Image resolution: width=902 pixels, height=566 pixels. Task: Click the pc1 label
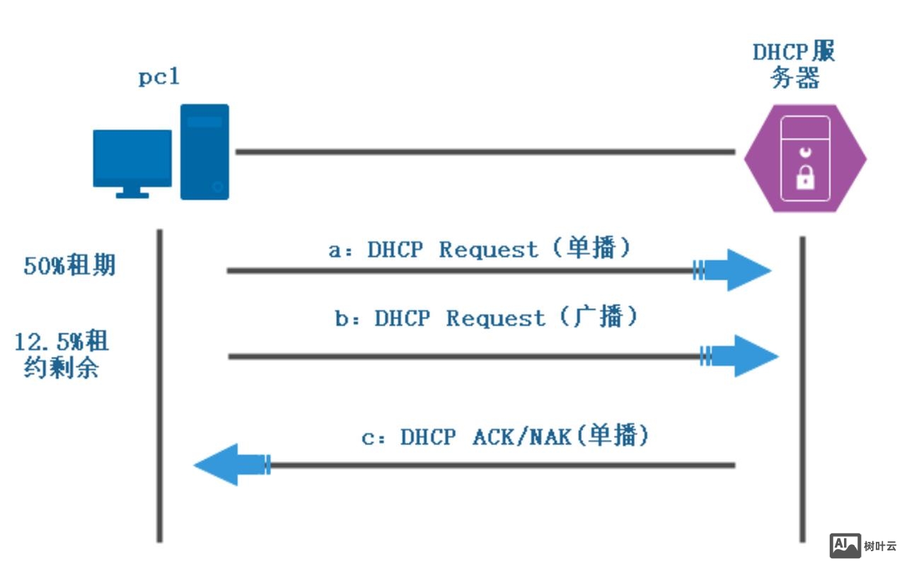(158, 76)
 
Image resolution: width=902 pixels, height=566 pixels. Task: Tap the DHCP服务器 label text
(794, 65)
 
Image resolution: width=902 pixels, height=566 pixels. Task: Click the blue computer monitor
(132, 158)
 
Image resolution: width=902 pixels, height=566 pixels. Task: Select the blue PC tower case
(204, 152)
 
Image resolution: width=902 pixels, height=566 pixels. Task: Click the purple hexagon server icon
(805, 158)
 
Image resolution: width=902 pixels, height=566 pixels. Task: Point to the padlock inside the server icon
(805, 178)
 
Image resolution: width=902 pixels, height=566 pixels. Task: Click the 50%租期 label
(69, 266)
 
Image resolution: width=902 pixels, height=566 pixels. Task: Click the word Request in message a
(488, 250)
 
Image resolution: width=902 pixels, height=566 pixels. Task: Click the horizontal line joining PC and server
(485, 151)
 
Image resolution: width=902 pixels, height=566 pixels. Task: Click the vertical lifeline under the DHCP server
(802, 389)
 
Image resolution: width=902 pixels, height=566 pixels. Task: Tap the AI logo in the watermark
(845, 545)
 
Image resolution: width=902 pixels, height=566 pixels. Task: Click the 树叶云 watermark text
(880, 546)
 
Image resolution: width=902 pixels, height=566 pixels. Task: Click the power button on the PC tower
(218, 187)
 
